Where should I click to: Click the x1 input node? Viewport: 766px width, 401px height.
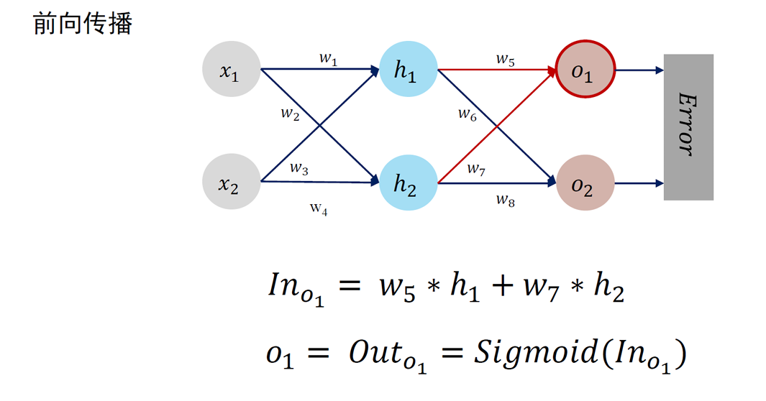point(231,70)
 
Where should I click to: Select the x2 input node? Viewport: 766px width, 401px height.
point(231,184)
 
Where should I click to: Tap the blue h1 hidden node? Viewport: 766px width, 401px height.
point(408,70)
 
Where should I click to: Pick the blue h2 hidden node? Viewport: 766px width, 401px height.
point(408,184)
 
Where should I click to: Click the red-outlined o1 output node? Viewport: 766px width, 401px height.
point(585,70)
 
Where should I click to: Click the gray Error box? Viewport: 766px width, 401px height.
point(688,126)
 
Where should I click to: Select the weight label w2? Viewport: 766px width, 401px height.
point(290,114)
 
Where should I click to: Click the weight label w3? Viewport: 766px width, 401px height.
point(299,169)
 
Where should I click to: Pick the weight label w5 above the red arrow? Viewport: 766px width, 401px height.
point(506,60)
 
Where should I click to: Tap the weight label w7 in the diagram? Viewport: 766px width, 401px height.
point(476,170)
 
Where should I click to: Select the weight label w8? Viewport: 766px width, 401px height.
point(506,199)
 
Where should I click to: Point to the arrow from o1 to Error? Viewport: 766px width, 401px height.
point(639,70)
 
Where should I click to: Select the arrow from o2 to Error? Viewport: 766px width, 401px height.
point(639,184)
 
